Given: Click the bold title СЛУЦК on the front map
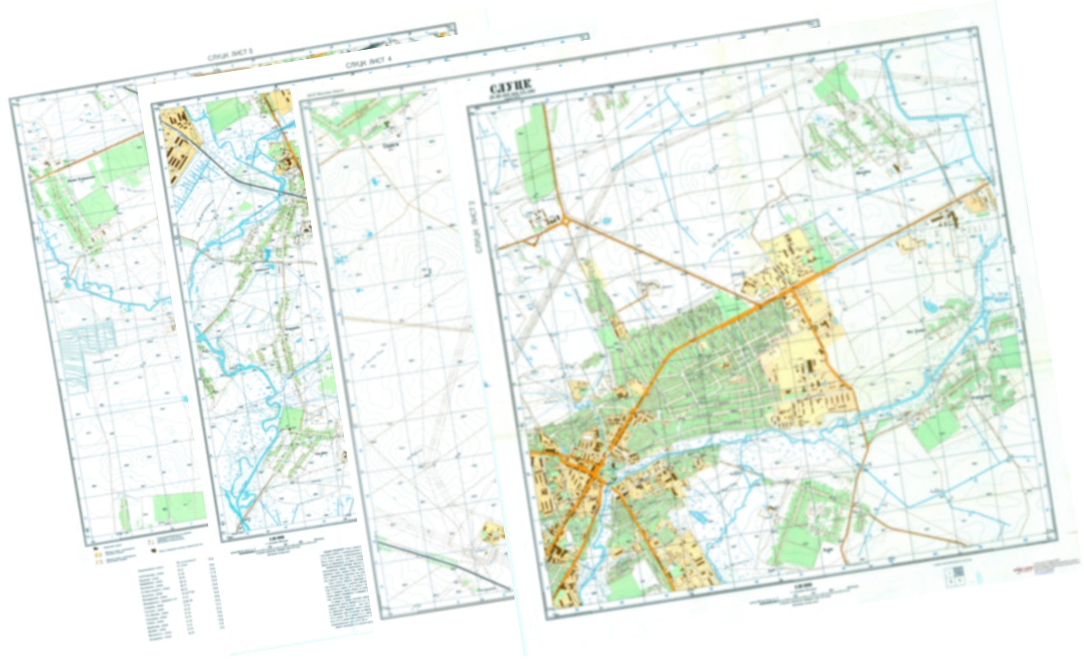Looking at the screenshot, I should (509, 89).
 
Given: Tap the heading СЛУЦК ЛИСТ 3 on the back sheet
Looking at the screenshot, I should (230, 55).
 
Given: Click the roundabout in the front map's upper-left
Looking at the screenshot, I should (566, 222).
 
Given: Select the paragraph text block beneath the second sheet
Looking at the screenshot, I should (345, 585).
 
